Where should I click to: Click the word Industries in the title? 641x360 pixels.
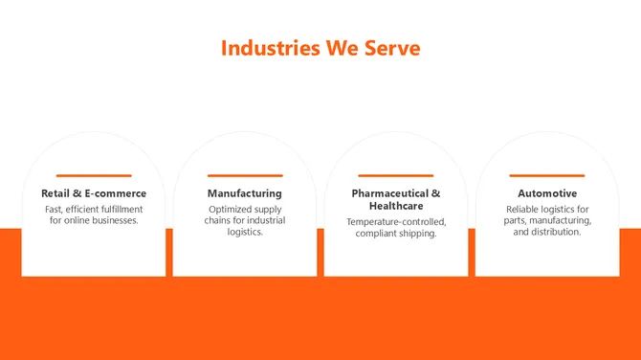263,48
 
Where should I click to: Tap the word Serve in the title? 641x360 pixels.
392,48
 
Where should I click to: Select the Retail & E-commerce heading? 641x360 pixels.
94,193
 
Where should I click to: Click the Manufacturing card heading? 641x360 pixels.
245,193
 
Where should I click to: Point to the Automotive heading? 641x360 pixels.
547,193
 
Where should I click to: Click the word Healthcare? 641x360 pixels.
396,206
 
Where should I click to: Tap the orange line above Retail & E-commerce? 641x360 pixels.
94,175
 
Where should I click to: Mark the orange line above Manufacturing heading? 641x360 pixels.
245,175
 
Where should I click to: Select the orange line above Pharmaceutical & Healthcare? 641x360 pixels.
396,175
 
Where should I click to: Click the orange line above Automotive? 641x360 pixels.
547,175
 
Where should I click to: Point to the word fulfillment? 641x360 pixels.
118,209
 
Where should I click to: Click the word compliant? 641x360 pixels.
377,234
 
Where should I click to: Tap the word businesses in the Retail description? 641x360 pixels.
113,220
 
